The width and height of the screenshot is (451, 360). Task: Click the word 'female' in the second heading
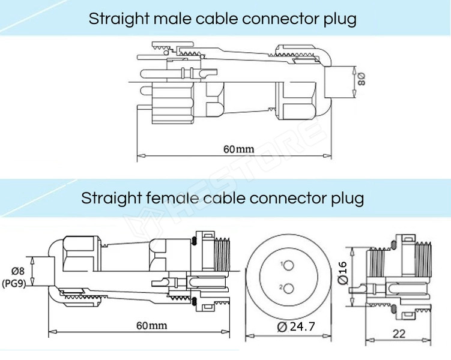170,197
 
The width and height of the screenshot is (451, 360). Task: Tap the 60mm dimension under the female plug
151,325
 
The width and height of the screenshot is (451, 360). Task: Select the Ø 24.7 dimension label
297,327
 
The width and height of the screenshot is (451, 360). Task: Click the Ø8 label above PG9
17,271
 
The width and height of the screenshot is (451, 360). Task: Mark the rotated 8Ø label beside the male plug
361,79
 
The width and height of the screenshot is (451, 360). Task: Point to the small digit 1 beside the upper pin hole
281,264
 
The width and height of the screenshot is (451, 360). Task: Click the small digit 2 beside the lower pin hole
280,287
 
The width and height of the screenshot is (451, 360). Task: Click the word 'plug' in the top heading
339,19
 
